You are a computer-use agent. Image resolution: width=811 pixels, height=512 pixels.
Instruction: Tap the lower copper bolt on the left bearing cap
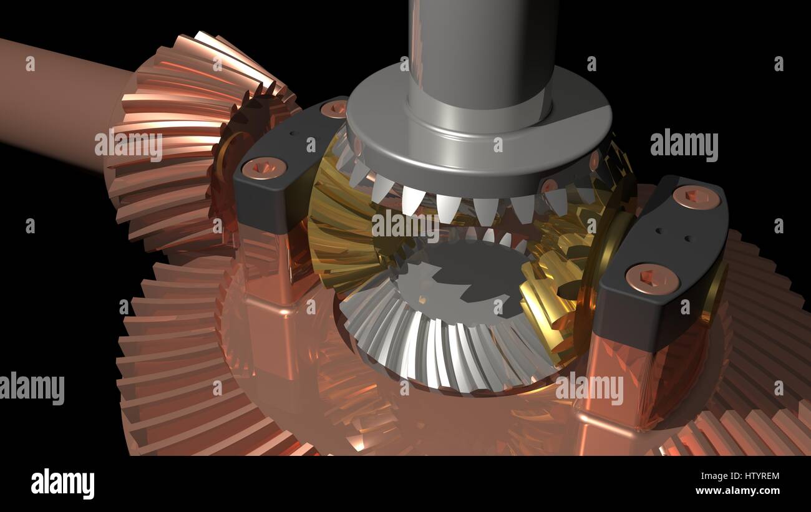[263, 167]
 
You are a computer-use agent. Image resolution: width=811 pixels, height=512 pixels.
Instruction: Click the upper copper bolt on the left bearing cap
[334, 109]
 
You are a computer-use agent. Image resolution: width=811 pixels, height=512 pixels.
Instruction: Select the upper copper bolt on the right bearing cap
[696, 196]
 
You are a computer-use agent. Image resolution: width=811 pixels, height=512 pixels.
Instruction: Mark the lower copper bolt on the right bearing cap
[652, 278]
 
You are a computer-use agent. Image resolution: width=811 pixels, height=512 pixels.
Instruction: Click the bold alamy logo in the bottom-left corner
[62, 484]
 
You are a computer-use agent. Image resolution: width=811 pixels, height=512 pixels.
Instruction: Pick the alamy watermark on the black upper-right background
[684, 146]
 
